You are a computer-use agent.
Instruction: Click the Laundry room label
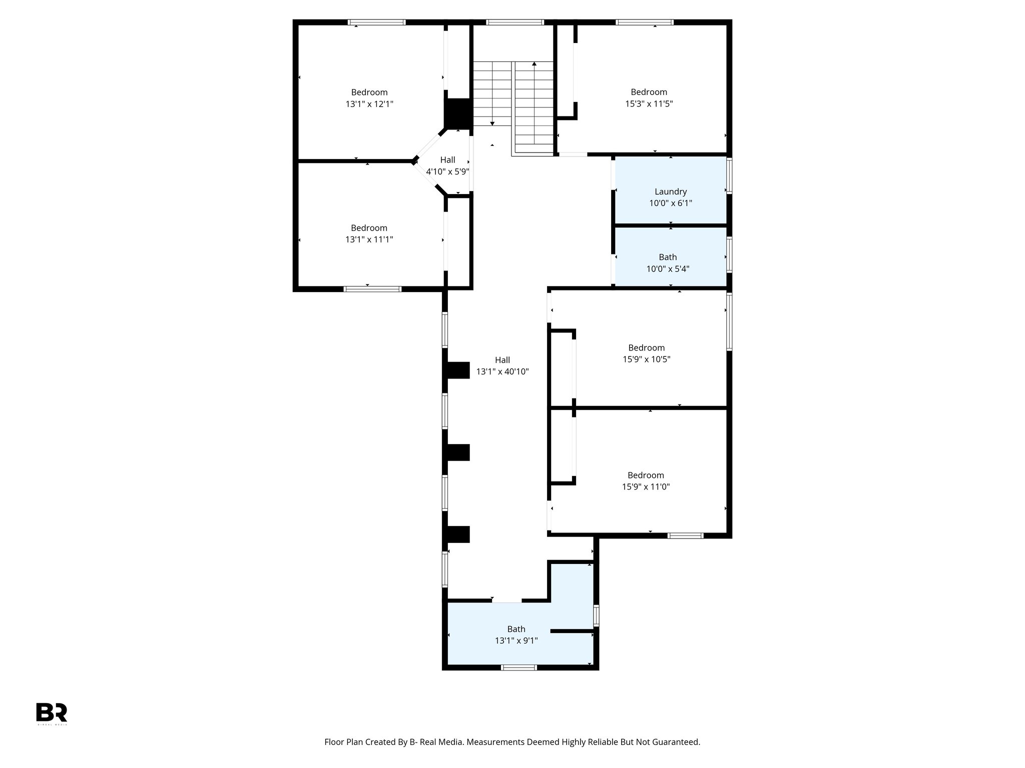tap(670, 191)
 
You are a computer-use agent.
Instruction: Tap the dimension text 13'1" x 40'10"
tap(502, 371)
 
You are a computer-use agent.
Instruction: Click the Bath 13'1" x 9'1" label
tap(516, 629)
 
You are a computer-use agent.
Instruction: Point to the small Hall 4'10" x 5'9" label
tap(447, 160)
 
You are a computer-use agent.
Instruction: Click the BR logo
tap(52, 712)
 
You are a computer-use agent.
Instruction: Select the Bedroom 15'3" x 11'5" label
tap(649, 92)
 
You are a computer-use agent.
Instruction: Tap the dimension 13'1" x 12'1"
tap(369, 104)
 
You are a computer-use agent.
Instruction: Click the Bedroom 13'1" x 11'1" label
tap(369, 228)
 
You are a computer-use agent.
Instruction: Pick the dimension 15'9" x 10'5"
tap(646, 359)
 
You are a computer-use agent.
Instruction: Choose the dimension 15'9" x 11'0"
tap(646, 486)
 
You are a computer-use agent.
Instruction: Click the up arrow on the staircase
tap(534, 64)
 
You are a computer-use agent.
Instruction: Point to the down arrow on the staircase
tap(492, 123)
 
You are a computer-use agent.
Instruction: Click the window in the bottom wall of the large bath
tap(519, 667)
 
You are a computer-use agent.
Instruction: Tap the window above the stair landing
tap(515, 22)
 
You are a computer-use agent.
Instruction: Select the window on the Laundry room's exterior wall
tap(729, 175)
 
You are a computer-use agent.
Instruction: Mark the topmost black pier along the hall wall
tap(456, 370)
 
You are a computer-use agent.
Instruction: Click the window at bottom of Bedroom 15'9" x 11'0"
tap(685, 535)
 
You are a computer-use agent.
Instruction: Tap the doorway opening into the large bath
tap(506, 600)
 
